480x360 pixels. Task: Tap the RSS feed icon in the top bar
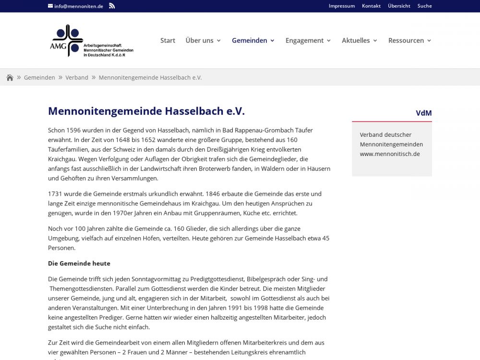click(x=112, y=6)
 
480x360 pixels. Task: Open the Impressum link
click(x=342, y=6)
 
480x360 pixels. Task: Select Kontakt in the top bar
click(x=371, y=6)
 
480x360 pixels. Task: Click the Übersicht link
click(x=399, y=6)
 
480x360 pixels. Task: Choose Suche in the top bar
click(x=425, y=6)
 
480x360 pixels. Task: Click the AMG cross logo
click(x=67, y=40)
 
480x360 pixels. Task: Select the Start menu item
click(x=168, y=40)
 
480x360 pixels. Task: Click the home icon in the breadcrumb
click(x=10, y=78)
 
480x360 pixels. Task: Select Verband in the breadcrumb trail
click(x=77, y=77)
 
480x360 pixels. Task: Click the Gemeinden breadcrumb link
click(x=39, y=77)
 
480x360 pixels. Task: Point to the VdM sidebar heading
click(x=423, y=113)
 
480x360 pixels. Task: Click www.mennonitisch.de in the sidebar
click(x=390, y=154)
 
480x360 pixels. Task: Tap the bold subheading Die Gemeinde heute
click(x=79, y=263)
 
